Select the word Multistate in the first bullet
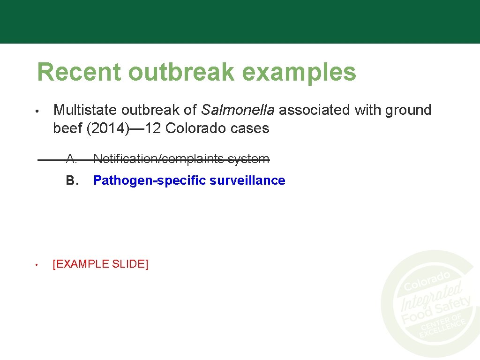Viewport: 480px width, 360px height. pyautogui.click(x=85, y=110)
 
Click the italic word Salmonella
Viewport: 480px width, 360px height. pyautogui.click(x=238, y=110)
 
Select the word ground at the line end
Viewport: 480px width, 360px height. pyautogui.click(x=408, y=111)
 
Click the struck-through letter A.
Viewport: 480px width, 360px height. pyautogui.click(x=71, y=159)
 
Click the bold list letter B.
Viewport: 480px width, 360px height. pyautogui.click(x=71, y=180)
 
